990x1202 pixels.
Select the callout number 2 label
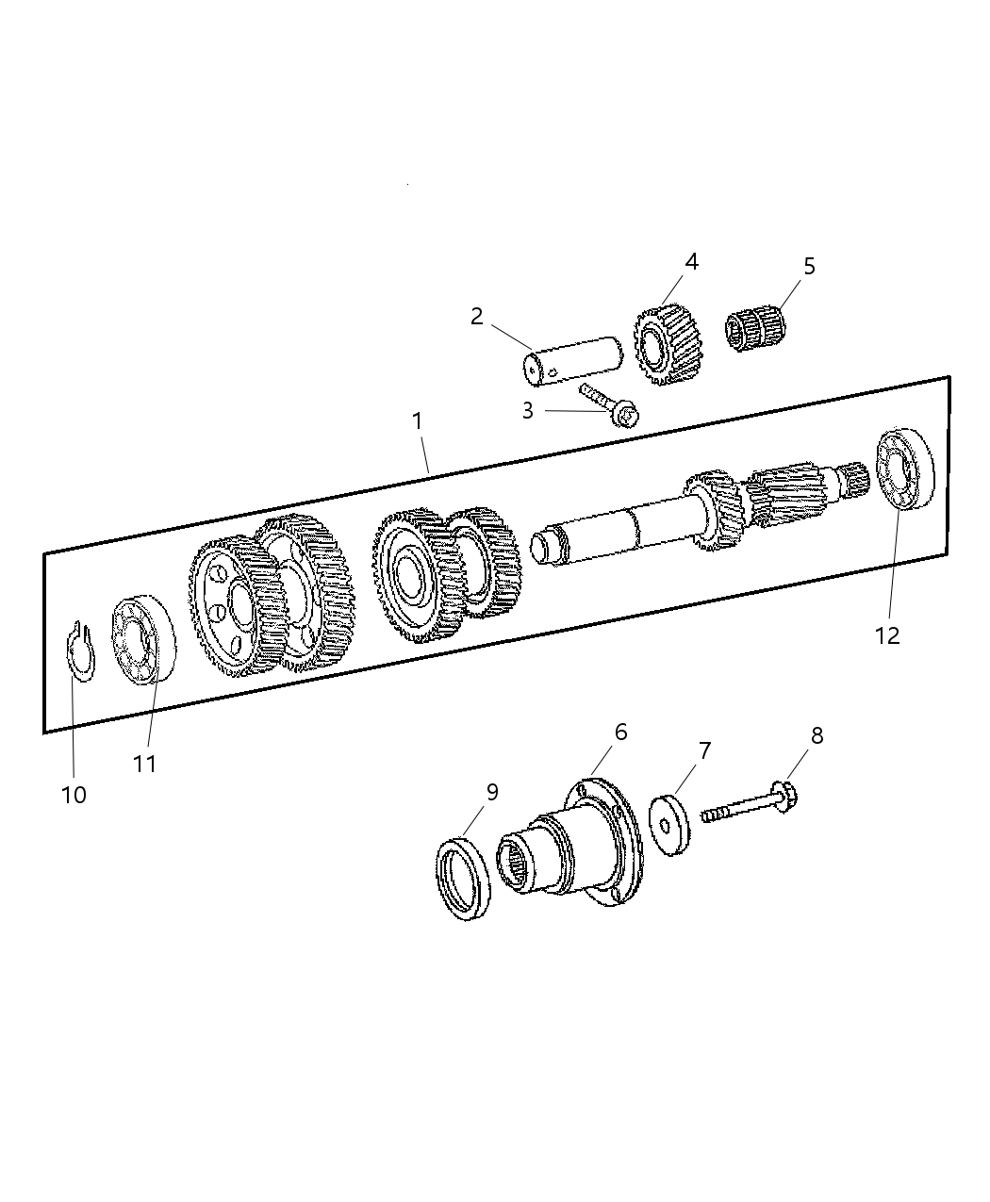point(477,317)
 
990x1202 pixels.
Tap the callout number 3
point(527,411)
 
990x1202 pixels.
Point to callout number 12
point(887,635)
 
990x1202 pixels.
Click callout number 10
point(74,795)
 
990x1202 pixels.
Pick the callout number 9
point(492,792)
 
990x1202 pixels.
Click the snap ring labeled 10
point(82,651)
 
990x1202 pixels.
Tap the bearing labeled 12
point(905,470)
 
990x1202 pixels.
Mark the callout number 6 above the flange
point(620,732)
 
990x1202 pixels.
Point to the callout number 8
point(817,735)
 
